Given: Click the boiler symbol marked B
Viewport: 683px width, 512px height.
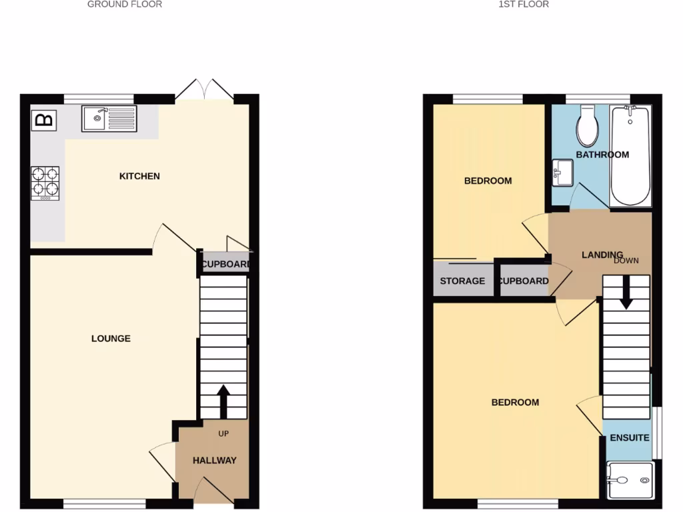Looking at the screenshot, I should click(x=45, y=120).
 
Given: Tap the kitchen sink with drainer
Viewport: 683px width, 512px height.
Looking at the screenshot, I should click(x=109, y=119).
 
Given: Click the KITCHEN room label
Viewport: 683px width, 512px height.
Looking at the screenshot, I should click(x=139, y=176).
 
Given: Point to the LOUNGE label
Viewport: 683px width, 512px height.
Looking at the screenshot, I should click(x=111, y=339).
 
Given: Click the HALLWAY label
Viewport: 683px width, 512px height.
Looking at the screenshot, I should click(x=215, y=461).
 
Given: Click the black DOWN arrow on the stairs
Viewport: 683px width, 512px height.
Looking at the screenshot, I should click(x=626, y=294).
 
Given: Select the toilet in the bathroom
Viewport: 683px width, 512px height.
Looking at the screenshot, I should click(x=588, y=127).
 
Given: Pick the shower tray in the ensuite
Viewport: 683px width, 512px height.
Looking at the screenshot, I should click(x=629, y=479).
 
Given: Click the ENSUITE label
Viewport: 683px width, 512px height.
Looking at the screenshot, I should click(x=629, y=438).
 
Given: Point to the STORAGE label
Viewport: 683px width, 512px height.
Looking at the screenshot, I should click(x=462, y=281).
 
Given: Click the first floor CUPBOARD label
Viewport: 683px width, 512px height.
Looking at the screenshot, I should click(x=524, y=281).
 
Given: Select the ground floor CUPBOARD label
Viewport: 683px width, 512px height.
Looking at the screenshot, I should click(x=226, y=264).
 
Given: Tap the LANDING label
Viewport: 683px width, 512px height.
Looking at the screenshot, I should click(x=602, y=255).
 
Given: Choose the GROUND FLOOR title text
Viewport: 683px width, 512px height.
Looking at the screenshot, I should click(x=125, y=4).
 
